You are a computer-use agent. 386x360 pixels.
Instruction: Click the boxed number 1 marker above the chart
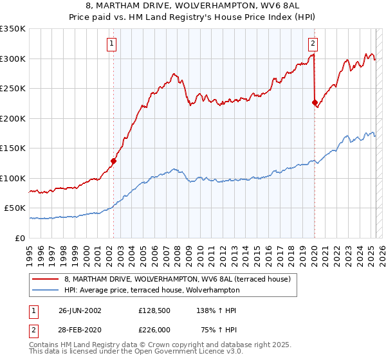coord(112,44)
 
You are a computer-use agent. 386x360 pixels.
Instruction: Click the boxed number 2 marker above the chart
coord(313,44)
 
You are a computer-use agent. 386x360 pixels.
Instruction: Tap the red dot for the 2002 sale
coord(113,161)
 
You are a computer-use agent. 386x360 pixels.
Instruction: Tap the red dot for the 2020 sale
coord(315,102)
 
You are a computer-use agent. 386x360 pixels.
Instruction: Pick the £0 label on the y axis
coord(21,238)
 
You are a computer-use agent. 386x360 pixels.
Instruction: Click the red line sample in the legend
coord(46,280)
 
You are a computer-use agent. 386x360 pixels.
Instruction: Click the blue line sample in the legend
coord(46,290)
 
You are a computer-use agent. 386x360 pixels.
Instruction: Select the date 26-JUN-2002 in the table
coord(80,310)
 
